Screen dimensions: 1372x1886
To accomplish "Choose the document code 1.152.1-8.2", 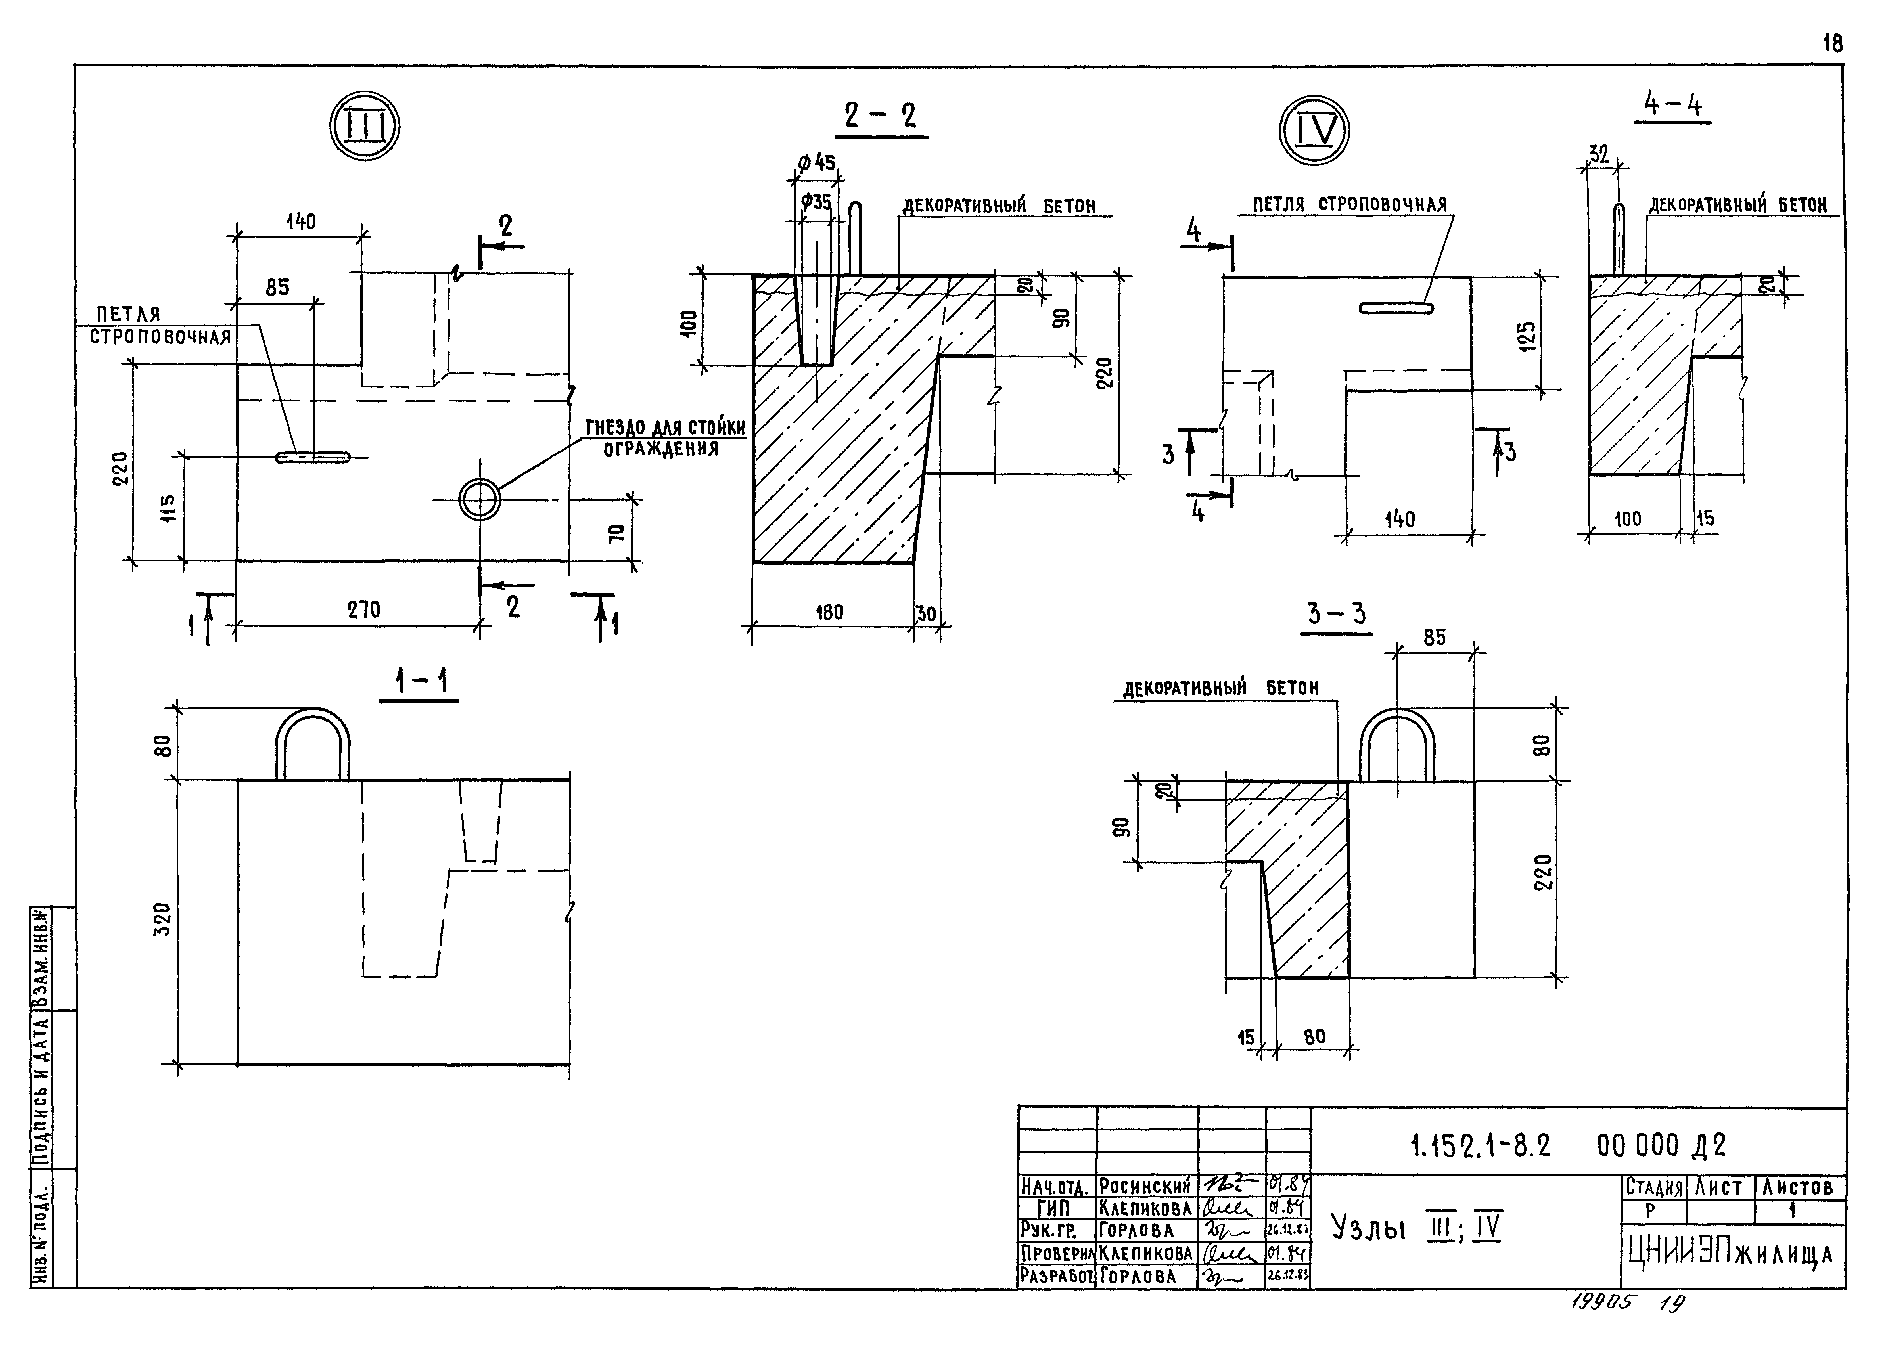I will (x=1480, y=1146).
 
